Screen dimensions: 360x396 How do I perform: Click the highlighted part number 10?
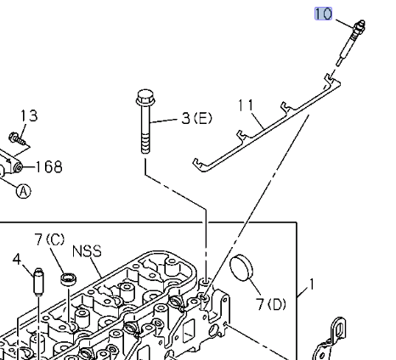point(323,14)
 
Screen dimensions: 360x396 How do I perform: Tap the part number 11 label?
point(246,105)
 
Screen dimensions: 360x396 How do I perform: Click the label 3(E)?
point(196,118)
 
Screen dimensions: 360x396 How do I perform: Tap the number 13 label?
point(28,115)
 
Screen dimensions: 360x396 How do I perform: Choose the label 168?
point(48,166)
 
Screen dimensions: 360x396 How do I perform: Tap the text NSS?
point(87,251)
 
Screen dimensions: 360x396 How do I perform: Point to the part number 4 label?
point(16,258)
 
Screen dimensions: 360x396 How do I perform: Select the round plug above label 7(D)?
point(244,269)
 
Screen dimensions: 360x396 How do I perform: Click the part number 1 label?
point(311,285)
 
